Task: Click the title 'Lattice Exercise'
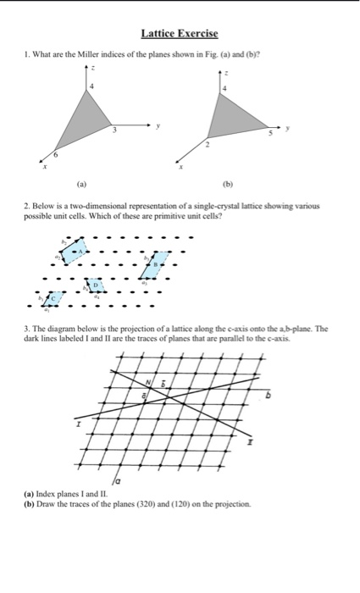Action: pos(180,34)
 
